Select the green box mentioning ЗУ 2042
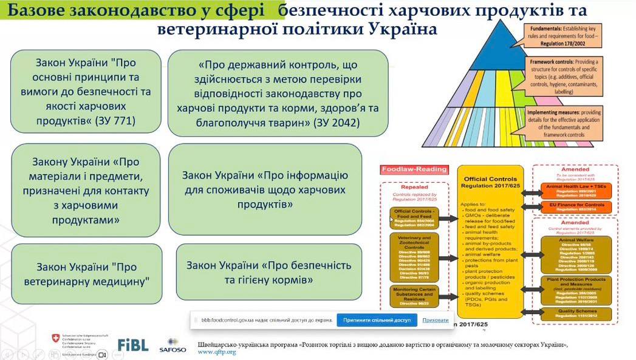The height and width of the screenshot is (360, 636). [278, 93]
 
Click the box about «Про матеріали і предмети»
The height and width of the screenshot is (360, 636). [86, 190]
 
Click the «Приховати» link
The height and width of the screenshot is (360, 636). [435, 320]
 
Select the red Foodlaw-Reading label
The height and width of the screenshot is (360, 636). [413, 169]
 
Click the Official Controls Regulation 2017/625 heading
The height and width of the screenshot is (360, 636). [490, 183]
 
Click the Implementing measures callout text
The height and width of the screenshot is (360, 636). [564, 123]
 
